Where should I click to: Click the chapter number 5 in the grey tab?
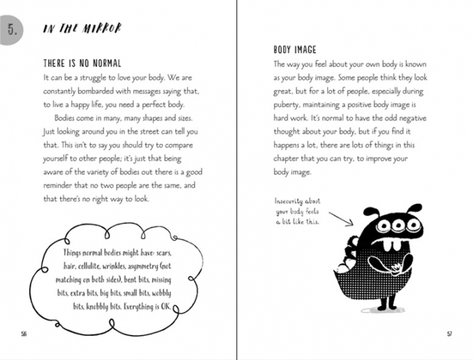tap(11, 28)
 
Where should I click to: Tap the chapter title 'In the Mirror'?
tap(82, 28)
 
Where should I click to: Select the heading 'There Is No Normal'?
tap(83, 63)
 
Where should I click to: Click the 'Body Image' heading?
tap(295, 50)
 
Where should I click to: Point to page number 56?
tap(24, 334)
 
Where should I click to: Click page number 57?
tap(449, 334)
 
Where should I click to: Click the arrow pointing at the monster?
tap(342, 219)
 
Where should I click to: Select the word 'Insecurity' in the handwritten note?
tap(290, 201)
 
